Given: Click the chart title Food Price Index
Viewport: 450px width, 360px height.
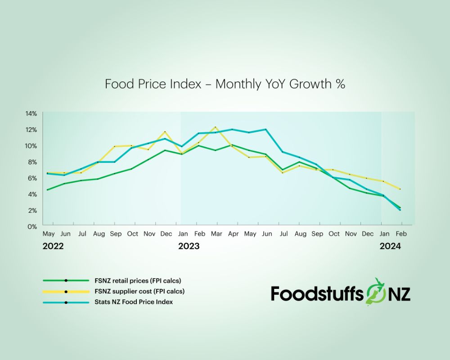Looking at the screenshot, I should tap(225, 84).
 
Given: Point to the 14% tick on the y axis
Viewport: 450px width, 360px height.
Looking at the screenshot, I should tap(31, 113).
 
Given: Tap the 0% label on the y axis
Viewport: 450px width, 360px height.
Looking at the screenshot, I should tap(32, 227).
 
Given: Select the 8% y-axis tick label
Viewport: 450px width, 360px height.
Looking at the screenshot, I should tap(32, 162).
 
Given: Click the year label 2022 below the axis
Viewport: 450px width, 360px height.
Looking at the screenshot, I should tap(53, 247).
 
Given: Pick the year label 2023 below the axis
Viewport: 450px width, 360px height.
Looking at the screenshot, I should tap(189, 247).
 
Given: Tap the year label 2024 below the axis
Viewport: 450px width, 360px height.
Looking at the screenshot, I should tap(390, 247).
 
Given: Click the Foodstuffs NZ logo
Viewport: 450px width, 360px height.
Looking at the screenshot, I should tap(340, 293).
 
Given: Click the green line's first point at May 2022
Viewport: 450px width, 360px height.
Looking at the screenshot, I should tap(47, 189).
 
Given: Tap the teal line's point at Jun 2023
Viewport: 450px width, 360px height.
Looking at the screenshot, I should tap(266, 129).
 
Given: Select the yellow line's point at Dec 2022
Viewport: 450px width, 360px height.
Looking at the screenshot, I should tap(165, 131).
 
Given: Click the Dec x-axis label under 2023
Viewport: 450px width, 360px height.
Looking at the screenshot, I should tap(368, 234).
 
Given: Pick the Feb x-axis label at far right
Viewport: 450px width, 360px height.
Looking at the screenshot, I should tap(401, 234).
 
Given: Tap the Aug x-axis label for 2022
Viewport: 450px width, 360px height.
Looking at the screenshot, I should tap(99, 234).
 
